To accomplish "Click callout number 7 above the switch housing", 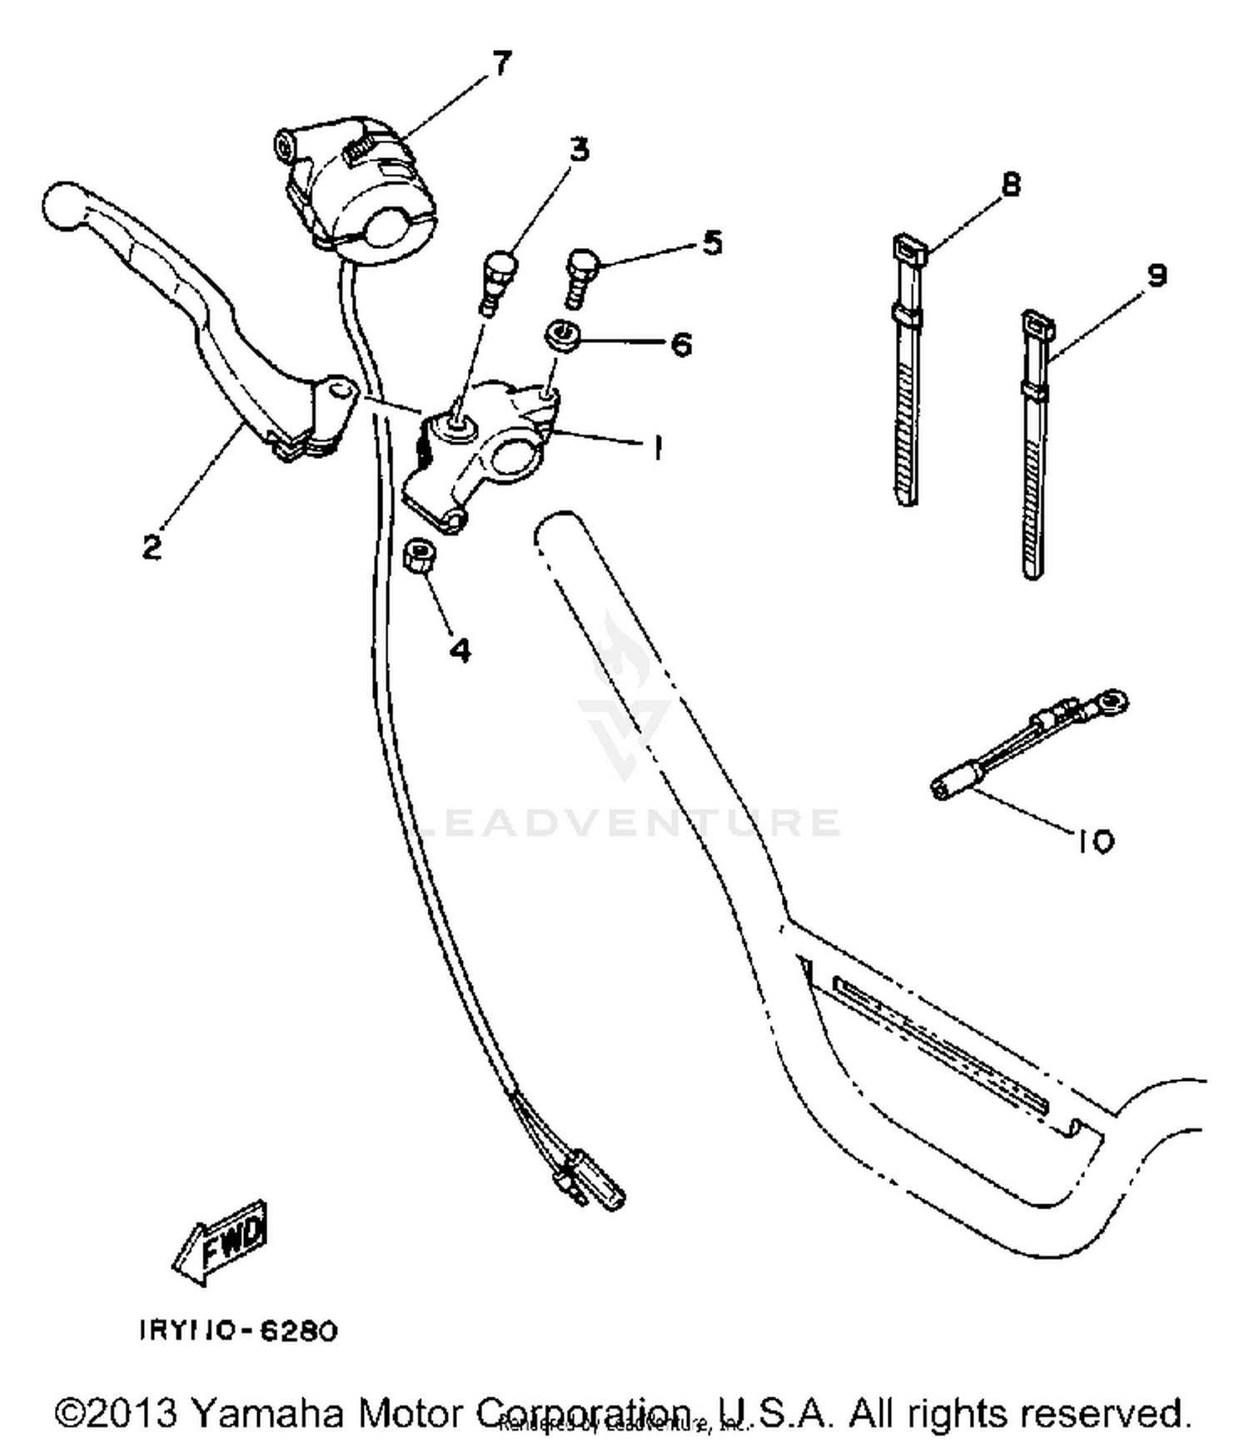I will (500, 63).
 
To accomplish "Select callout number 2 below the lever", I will (152, 547).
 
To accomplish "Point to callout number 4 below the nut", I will (460, 649).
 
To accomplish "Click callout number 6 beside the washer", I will (681, 344).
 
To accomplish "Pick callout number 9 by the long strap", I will (1157, 276).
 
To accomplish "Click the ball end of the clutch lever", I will (62, 204).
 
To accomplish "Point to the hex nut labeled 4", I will (420, 555).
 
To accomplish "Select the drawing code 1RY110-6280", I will (238, 1331).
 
